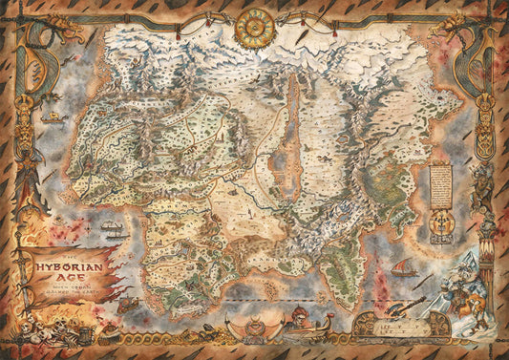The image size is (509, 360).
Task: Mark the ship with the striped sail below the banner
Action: tap(113, 231)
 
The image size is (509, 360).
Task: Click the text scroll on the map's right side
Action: tap(439, 181)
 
